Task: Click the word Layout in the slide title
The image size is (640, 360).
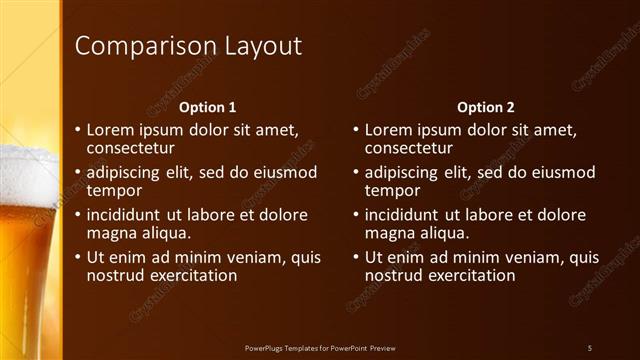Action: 259,46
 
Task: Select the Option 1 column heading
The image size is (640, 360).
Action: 207,107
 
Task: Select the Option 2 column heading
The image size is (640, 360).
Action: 485,107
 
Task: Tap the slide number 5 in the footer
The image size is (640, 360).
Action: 589,347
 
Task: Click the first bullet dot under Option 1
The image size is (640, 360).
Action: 78,130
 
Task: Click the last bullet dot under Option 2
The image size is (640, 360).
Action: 356,257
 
